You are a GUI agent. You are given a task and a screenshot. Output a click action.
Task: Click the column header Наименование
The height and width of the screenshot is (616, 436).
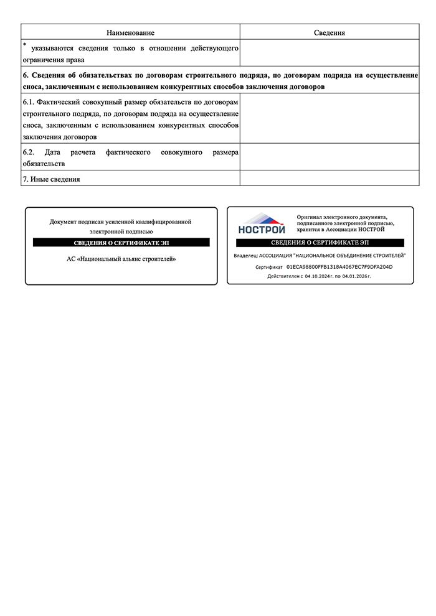(x=130, y=32)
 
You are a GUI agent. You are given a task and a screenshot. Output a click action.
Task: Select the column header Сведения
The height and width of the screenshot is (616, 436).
(x=329, y=32)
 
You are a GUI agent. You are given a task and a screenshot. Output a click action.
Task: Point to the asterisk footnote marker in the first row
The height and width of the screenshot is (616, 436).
(x=24, y=45)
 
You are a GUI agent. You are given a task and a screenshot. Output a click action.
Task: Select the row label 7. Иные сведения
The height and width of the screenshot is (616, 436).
(x=51, y=179)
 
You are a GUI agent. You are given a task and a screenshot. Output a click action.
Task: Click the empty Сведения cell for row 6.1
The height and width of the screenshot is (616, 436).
(x=329, y=118)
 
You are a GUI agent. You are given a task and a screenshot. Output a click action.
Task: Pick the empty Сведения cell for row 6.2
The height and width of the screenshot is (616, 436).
(x=329, y=157)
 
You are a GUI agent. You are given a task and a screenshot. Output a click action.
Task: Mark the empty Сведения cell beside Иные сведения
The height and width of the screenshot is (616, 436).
(x=329, y=179)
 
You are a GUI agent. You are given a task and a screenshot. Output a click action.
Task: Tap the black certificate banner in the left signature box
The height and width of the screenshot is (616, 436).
(x=121, y=243)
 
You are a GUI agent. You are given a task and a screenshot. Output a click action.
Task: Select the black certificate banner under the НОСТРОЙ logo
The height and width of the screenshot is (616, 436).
(x=320, y=243)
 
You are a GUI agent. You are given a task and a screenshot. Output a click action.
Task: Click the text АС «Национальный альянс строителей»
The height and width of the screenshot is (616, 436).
(x=121, y=258)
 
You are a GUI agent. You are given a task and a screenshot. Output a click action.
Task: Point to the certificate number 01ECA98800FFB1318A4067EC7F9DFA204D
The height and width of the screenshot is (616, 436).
(x=339, y=267)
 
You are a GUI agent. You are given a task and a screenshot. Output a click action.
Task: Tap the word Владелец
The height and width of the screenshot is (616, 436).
(x=244, y=256)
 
